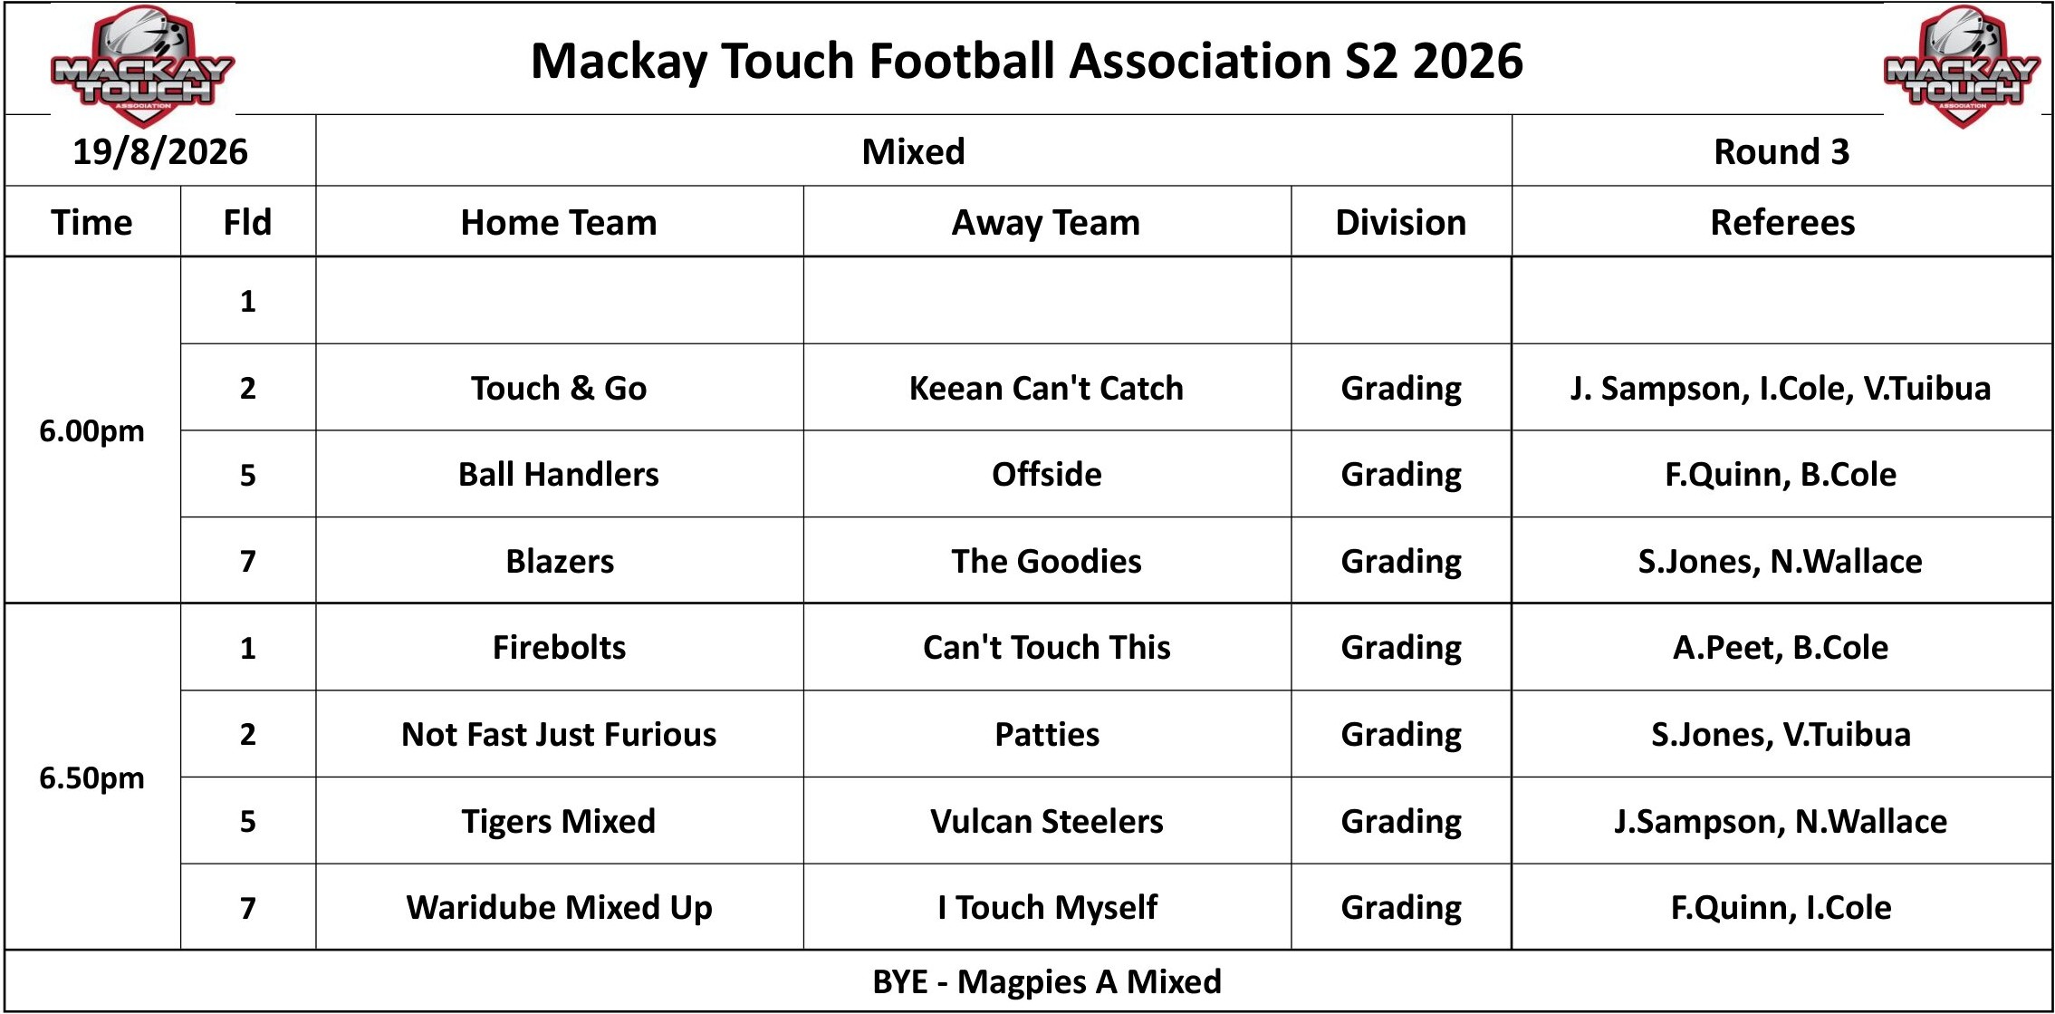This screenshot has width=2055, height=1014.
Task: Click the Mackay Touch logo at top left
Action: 142,65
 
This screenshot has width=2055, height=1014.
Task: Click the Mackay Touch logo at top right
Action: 1962,65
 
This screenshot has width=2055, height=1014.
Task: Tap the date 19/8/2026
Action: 160,151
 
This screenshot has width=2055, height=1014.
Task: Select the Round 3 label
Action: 1781,151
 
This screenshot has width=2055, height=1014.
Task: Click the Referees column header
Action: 1782,222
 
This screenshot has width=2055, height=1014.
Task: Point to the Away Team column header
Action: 1046,223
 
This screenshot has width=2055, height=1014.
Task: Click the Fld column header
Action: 247,222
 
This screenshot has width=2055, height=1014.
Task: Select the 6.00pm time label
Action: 91,431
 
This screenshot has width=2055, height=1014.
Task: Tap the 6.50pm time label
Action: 91,777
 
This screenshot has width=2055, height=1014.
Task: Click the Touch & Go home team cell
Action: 559,388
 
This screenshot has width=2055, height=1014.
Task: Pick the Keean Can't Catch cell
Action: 1046,388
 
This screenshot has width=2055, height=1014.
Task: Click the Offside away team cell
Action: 1047,474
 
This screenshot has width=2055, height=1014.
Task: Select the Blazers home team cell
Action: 560,561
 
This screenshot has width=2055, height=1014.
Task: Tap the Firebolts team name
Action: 559,647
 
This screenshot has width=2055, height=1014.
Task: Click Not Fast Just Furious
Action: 559,734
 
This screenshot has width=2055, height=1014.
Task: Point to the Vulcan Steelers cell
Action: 1047,821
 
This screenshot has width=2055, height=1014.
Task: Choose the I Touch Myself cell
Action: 1047,907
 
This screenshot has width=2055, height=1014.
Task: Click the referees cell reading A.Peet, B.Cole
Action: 1781,647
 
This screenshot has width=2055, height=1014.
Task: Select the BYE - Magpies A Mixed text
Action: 1047,981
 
